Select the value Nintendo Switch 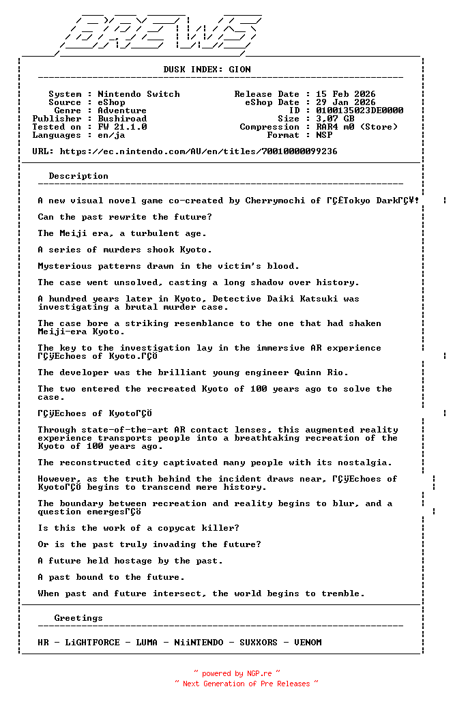coord(138,94)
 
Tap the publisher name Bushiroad coord(122,119)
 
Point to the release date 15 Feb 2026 coord(345,94)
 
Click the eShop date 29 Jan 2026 coord(345,102)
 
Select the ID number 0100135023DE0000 coord(360,111)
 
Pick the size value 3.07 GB coord(335,119)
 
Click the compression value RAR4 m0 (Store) coord(357,127)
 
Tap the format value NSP coord(324,135)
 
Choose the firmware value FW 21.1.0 coord(122,127)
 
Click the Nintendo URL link coord(199,151)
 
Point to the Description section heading coord(78,176)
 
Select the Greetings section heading coord(78,618)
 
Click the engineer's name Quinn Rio coord(324,372)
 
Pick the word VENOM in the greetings coord(308,643)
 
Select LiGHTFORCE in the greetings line coord(92,643)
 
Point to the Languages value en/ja coord(111,135)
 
